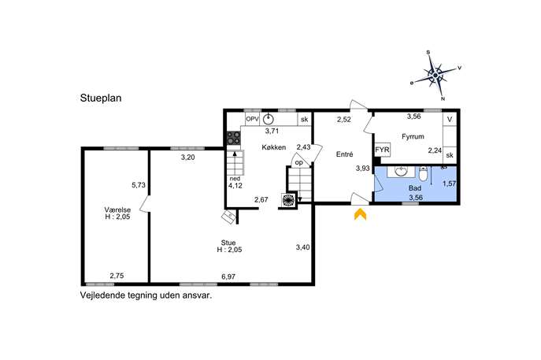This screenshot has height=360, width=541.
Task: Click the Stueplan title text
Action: coord(101,98)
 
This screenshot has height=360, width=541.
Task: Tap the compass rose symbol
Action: coord(435,75)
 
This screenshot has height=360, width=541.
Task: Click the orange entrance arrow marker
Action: coord(360,214)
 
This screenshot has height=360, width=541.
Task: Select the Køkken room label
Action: coord(273,147)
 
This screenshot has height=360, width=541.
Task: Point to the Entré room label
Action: coord(344,154)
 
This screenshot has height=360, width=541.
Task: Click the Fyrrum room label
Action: coord(413,136)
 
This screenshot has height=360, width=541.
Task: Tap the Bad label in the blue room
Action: coord(415,188)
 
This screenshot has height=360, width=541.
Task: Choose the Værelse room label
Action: coord(117,210)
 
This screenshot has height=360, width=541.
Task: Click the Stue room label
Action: coord(228,243)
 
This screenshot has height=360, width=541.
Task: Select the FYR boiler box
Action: coord(382,150)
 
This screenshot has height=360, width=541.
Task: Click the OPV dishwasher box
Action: coord(252,119)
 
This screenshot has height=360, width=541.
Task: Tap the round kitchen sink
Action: coord(268,119)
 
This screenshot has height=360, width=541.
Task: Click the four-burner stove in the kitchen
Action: coord(234,138)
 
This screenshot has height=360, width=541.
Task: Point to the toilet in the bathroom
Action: coord(424,174)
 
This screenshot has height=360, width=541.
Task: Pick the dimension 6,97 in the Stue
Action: coord(228,276)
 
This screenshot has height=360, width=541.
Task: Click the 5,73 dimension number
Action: coord(139,185)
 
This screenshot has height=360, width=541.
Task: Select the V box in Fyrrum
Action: coord(450,120)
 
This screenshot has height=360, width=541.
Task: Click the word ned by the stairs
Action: coord(235,179)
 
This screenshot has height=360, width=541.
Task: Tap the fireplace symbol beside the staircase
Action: coord(288,200)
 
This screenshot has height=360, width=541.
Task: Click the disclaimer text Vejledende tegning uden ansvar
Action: coord(146,296)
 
